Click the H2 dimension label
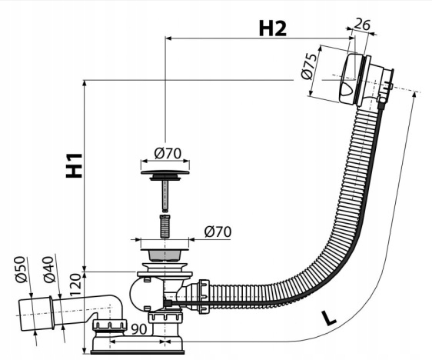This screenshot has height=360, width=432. (273, 28)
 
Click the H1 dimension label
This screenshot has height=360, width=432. (74, 165)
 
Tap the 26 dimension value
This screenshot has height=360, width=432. (362, 25)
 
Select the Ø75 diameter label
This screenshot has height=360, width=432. (308, 66)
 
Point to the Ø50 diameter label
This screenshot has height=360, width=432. (21, 269)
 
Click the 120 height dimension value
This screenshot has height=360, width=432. (75, 285)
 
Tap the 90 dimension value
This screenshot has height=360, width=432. (138, 328)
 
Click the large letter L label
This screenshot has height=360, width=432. (328, 318)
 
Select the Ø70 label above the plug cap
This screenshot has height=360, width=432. (168, 153)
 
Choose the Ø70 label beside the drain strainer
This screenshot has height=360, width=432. (218, 232)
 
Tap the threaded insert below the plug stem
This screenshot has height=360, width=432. (164, 227)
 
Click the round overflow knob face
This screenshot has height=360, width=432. (348, 78)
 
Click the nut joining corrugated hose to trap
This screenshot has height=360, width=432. (203, 297)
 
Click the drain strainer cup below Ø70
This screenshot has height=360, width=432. (164, 255)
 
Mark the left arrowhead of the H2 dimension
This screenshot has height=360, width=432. (168, 38)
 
